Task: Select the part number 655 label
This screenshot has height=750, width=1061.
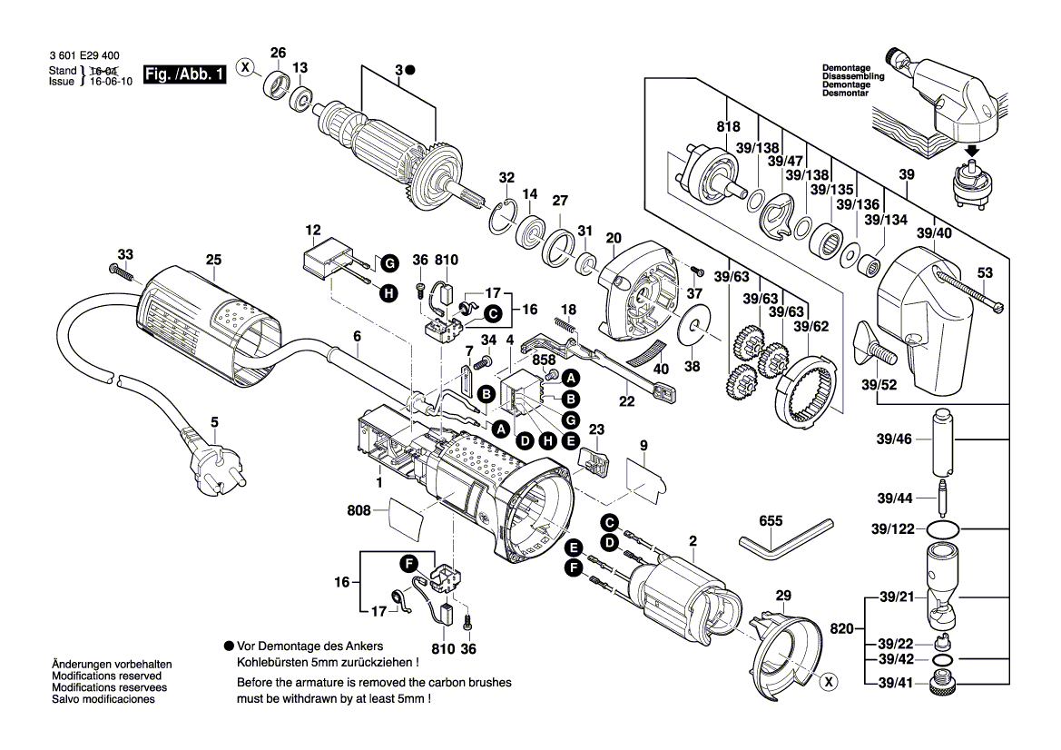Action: (771, 522)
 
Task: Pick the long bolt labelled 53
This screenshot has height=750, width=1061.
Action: (967, 290)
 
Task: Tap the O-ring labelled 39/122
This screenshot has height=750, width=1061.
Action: (946, 528)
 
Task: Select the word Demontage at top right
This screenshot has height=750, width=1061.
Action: (846, 68)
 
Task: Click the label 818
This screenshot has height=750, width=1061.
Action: (727, 126)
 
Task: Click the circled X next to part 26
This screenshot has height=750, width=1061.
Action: (244, 66)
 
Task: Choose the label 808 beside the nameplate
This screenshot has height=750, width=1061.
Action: (359, 510)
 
